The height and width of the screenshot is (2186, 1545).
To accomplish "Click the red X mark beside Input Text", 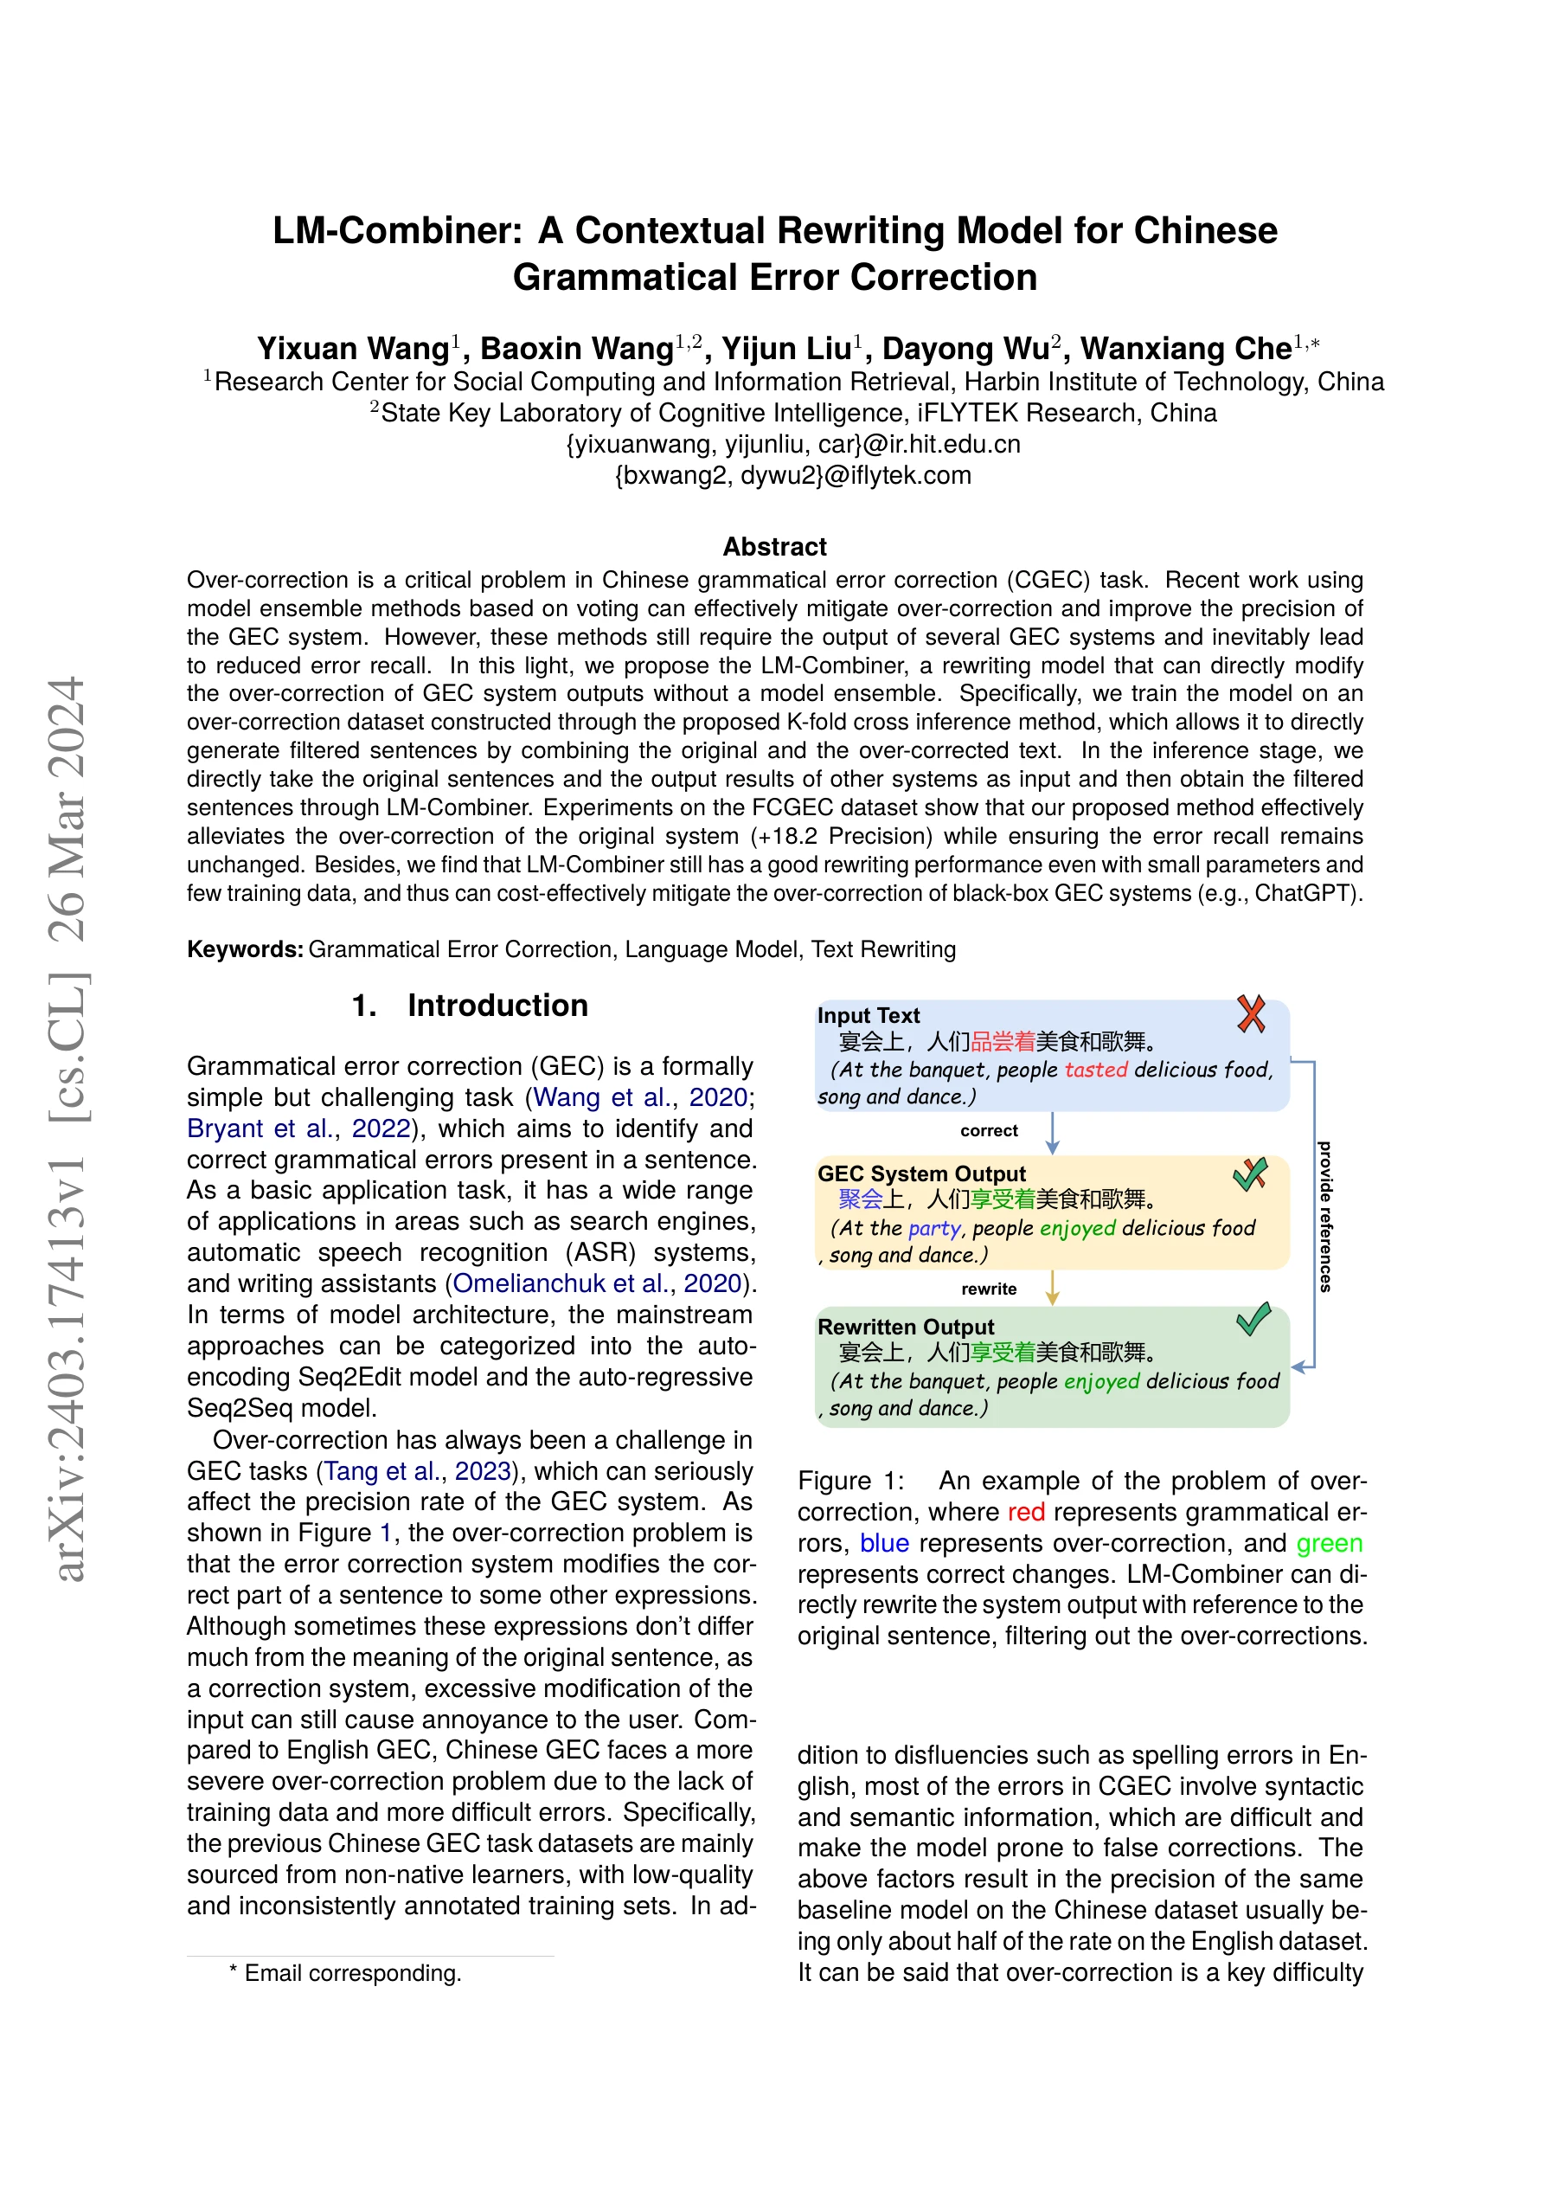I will (1251, 1014).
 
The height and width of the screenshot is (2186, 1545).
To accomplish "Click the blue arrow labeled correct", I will (1052, 1132).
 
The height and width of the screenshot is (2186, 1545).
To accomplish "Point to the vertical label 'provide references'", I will (1324, 1216).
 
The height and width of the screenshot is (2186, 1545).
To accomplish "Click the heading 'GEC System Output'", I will (920, 1174).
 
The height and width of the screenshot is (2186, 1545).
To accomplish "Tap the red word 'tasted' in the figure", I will (1096, 1070).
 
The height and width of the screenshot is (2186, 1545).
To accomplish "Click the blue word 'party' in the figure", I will (934, 1228).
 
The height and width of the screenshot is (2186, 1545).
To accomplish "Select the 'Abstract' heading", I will (774, 547).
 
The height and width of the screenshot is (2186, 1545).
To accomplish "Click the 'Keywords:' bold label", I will (245, 949).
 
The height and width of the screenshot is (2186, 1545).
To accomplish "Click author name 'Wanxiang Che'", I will (1185, 349).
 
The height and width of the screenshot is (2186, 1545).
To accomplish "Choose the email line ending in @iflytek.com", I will (793, 475).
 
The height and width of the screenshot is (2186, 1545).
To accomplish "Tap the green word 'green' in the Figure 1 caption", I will (1329, 1543).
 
